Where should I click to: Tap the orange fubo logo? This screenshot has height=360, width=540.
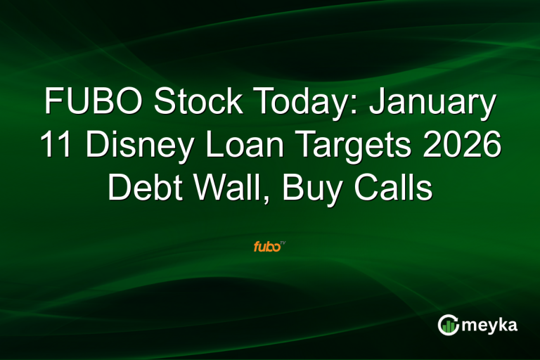[x=268, y=247]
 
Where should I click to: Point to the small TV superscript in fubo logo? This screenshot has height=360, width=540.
[x=283, y=243]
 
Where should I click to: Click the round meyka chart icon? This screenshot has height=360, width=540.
[x=448, y=324]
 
